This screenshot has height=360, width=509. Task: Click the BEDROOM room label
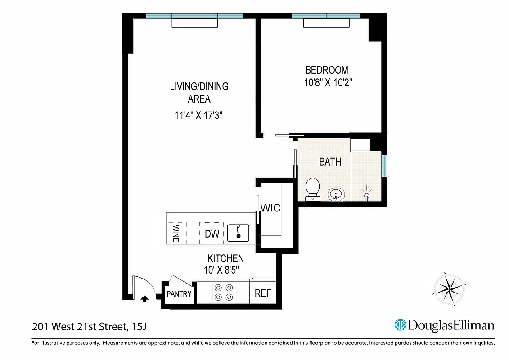pyautogui.click(x=326, y=70)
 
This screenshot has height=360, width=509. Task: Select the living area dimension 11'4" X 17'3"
pyautogui.click(x=199, y=116)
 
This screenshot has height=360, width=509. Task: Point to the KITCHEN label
pyautogui.click(x=225, y=258)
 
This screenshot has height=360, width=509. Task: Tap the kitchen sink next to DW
pyautogui.click(x=238, y=233)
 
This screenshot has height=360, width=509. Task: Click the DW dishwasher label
pyautogui.click(x=212, y=234)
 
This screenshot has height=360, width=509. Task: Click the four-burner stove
pyautogui.click(x=224, y=292)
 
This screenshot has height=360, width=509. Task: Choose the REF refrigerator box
pyautogui.click(x=263, y=293)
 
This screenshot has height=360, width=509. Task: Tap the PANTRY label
pyautogui.click(x=179, y=294)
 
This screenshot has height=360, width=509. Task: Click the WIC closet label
pyautogui.click(x=271, y=208)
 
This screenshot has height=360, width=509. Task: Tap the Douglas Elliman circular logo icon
pyautogui.click(x=400, y=325)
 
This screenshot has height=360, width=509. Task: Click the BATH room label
pyautogui.click(x=330, y=162)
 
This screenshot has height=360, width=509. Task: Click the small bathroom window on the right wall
pyautogui.click(x=384, y=166)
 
